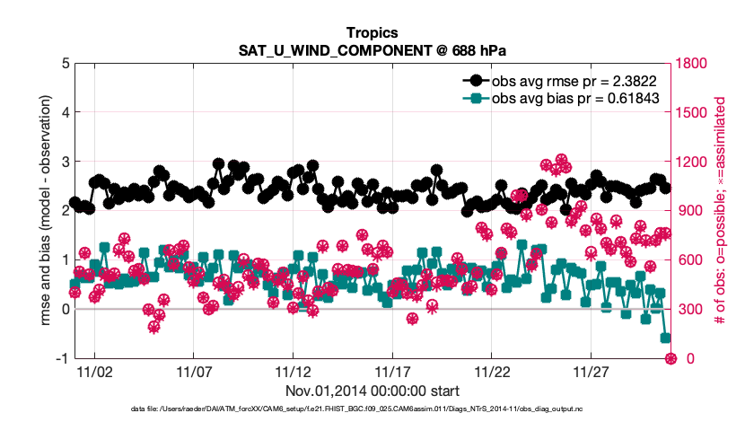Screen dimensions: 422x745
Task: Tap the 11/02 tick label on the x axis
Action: click(94, 370)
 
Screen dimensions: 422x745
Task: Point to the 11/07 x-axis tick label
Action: click(194, 370)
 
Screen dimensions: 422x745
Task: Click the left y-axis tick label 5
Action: click(65, 64)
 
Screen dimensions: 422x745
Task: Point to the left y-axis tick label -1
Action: click(61, 358)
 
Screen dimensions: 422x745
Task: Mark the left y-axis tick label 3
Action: click(65, 162)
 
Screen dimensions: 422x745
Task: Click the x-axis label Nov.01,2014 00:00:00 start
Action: click(372, 391)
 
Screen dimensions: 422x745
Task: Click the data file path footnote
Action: click(372, 409)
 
